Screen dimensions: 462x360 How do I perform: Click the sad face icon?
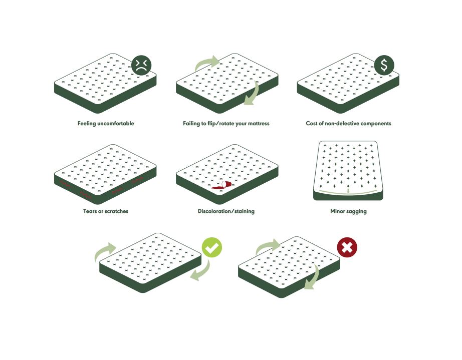pos(141,65)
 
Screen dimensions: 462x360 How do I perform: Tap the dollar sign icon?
pos(384,65)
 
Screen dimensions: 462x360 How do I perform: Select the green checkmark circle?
pos(212,247)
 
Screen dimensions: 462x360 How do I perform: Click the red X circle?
pos(347,247)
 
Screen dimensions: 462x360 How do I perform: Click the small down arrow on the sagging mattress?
pos(348,191)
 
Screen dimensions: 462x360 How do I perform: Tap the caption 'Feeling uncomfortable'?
pos(106,123)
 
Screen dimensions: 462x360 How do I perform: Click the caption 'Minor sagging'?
pos(348,211)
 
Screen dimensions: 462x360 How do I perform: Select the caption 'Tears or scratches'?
pos(106,211)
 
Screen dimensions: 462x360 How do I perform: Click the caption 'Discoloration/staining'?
pos(226,211)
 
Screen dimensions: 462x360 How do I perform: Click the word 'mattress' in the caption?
pos(259,123)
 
